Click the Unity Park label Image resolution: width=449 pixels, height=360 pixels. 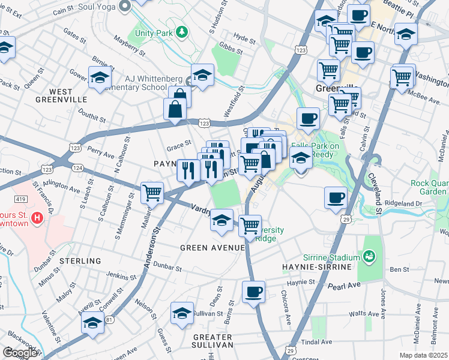coord(154,32)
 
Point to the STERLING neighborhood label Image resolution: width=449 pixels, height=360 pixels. coord(80,261)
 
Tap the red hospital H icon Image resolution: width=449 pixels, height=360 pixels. coord(37,218)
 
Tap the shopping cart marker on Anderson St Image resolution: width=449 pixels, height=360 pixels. coord(152,193)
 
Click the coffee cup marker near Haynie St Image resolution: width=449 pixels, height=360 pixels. coord(253,292)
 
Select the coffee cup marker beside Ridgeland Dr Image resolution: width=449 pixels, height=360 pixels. coord(336,197)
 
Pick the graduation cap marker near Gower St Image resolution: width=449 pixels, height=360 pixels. coord(99,77)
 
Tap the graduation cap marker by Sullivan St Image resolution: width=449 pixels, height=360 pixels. coord(181,313)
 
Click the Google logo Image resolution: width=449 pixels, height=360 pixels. coord(20,353)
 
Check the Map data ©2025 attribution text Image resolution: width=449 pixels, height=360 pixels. coord(423,355)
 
